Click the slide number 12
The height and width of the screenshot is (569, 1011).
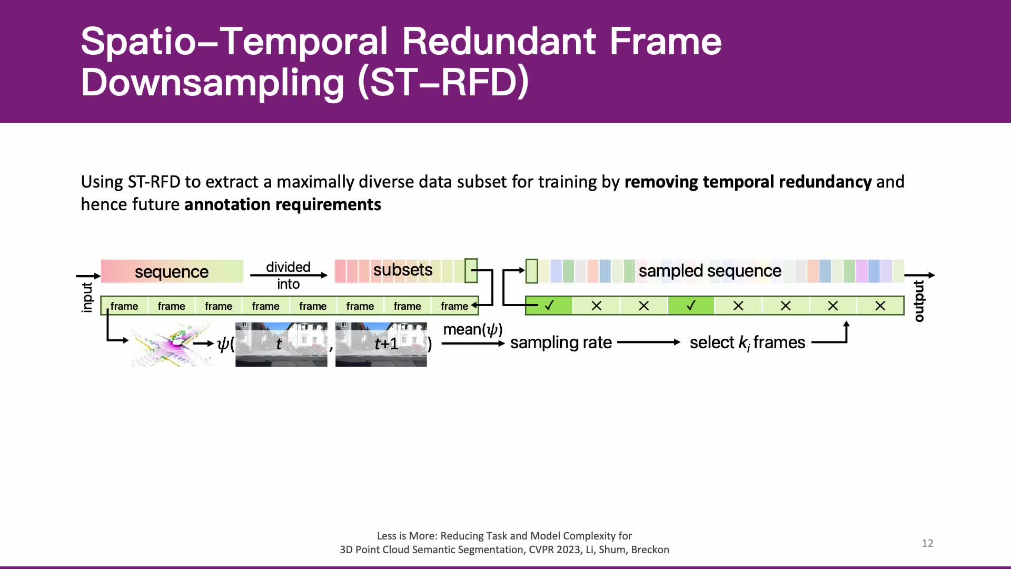[x=927, y=543]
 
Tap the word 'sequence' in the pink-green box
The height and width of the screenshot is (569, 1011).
[x=172, y=272]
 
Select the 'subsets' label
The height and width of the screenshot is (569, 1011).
[x=403, y=270]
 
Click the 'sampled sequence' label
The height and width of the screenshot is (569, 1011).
[x=710, y=271]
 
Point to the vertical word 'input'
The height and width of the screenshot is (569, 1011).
[x=87, y=298]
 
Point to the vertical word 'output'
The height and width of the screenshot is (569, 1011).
[x=919, y=301]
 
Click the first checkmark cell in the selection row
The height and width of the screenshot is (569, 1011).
[x=549, y=306]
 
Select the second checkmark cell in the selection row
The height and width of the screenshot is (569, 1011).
[x=691, y=306]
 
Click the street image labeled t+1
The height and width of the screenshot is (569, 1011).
[x=381, y=345]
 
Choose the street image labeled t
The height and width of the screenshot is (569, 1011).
[x=281, y=345]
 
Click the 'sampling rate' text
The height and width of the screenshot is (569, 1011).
[x=561, y=342]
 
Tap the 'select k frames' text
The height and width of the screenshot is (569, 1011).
[x=747, y=342]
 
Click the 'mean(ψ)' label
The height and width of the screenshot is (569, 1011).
[x=473, y=330]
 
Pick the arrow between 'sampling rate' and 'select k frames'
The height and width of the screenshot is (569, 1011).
[x=649, y=342]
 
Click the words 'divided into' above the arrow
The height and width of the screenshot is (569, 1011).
[x=288, y=276]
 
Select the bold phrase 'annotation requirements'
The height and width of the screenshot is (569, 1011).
[x=283, y=204]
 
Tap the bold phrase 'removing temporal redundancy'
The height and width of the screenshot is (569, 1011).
[x=748, y=182]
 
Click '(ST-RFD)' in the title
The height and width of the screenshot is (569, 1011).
[x=443, y=83]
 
